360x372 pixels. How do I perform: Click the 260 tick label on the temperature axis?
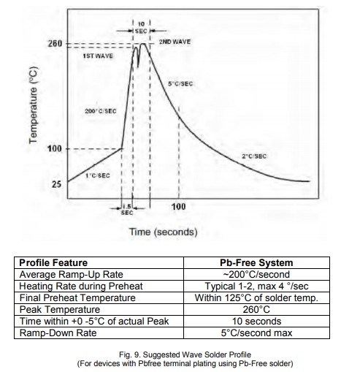click(55, 44)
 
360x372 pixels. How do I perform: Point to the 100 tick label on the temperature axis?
click(55, 148)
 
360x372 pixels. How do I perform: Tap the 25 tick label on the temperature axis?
click(56, 184)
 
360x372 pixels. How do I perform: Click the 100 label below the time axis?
click(178, 207)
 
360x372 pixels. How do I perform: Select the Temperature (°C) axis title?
click(34, 105)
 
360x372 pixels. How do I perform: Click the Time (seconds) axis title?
click(163, 232)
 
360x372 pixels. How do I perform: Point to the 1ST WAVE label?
click(98, 56)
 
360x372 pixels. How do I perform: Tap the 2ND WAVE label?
click(175, 42)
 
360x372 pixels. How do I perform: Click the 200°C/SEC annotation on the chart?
click(101, 111)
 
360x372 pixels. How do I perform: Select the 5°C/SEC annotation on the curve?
click(180, 84)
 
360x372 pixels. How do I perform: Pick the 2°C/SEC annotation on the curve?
click(254, 156)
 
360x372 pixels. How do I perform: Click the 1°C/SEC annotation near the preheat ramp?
click(98, 175)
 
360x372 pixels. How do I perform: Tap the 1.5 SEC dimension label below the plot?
click(127, 210)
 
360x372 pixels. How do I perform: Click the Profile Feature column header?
click(53, 263)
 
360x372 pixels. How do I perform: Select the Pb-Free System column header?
click(256, 263)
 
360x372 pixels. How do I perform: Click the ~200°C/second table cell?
click(256, 275)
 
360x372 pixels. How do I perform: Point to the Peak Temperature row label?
click(60, 310)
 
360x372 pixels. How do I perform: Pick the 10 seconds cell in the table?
click(256, 322)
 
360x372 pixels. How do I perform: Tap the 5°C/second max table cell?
click(256, 333)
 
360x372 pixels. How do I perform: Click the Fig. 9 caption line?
click(185, 354)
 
